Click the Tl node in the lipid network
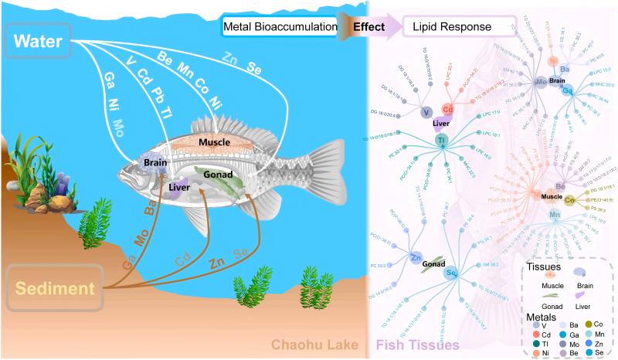coord(442,141)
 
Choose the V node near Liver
coord(426,113)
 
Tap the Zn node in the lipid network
coord(416,257)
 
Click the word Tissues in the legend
coord(544,267)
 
